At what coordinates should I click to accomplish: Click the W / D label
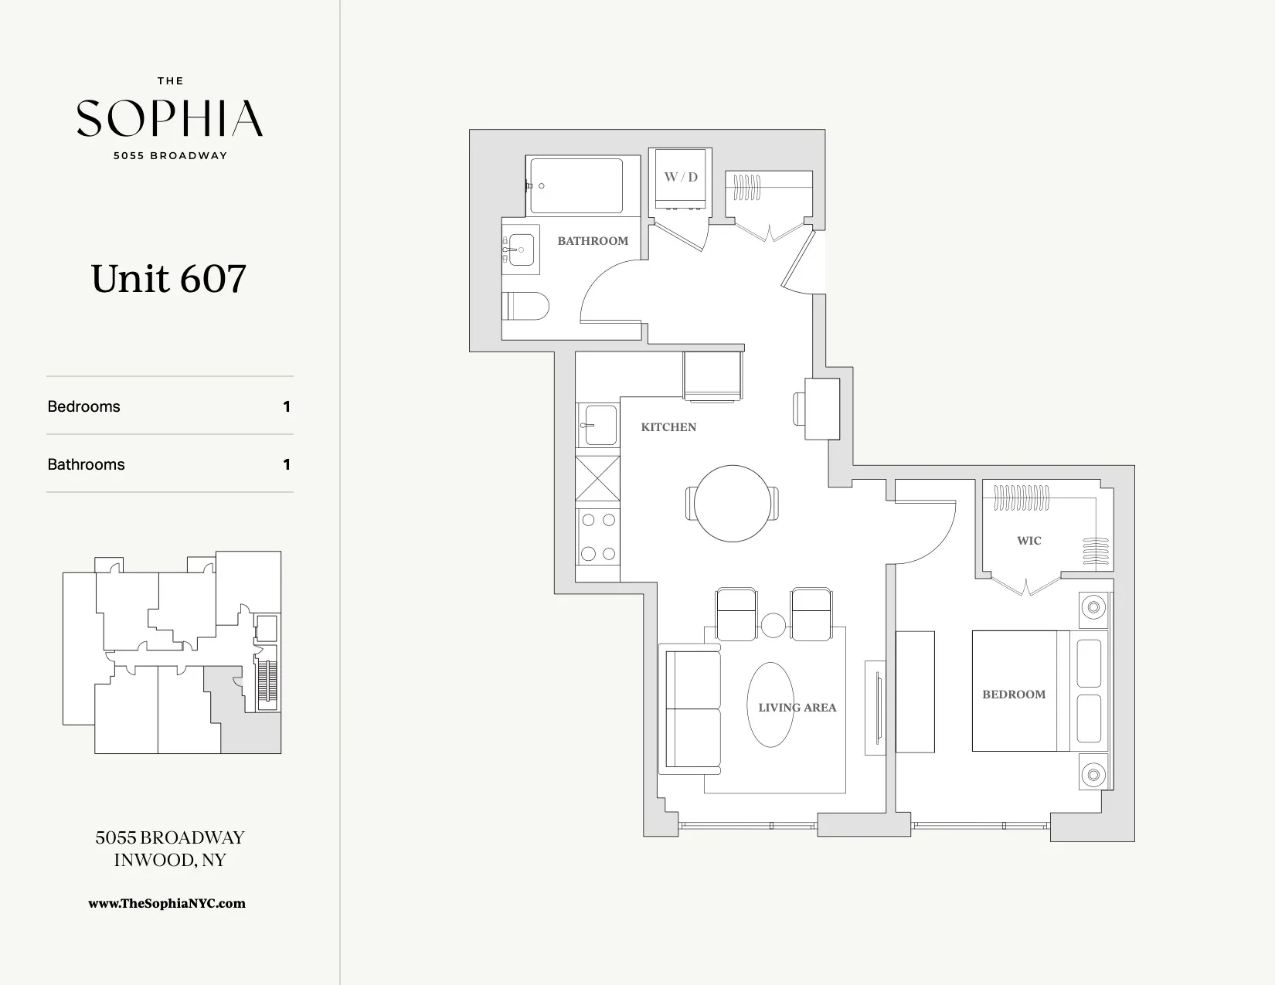pos(681,177)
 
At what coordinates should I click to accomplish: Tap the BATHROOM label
pos(593,241)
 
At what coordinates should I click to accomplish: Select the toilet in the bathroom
pos(525,306)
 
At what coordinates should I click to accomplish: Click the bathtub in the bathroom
pos(576,185)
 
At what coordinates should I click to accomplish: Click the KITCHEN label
pos(668,427)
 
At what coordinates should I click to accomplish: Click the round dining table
pos(732,504)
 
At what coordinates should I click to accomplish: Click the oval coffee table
pos(770,705)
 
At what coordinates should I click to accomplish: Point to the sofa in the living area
pos(689,709)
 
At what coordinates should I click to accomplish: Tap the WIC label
pos(1028,541)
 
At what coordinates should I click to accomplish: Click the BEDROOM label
pos(1013,695)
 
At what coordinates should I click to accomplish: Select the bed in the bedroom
pos(1035,691)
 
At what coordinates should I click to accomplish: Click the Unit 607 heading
pos(168,279)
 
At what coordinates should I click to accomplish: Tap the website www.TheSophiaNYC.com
pos(167,903)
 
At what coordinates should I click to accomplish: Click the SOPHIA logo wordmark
pos(170,118)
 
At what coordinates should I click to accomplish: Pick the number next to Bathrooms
pos(287,464)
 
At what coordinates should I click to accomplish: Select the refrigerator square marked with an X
pos(598,479)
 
